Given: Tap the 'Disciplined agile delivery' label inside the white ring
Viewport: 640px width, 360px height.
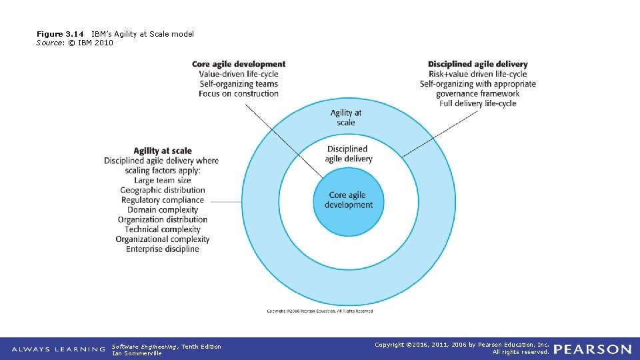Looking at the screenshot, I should [348, 154].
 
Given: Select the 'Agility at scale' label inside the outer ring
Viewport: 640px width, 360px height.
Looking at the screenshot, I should [346, 117].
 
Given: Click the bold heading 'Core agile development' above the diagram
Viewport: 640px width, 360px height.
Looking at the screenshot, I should [239, 65].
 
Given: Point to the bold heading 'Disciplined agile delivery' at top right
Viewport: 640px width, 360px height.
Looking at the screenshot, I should [477, 65].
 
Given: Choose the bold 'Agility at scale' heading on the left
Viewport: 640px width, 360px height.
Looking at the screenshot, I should [162, 151].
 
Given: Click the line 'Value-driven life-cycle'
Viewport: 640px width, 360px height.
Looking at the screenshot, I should [239, 74].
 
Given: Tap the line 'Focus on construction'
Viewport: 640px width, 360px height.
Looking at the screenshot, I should [239, 93].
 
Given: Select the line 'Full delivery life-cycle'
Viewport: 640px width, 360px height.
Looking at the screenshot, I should [477, 103].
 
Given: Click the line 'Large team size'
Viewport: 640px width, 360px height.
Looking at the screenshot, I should [162, 180].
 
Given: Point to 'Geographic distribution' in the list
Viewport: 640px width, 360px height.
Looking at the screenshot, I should [162, 190].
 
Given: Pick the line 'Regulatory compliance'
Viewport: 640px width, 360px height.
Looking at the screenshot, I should [162, 200].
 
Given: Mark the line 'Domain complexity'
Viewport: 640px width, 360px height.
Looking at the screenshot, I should [162, 210].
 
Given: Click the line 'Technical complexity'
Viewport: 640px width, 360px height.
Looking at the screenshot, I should [162, 229].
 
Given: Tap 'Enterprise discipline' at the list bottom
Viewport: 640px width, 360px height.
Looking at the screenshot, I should [162, 249].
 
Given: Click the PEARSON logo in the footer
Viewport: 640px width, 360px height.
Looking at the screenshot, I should [592, 349].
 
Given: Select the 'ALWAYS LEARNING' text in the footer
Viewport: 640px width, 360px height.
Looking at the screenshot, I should [59, 349].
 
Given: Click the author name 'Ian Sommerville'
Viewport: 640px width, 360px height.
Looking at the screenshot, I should [137, 353].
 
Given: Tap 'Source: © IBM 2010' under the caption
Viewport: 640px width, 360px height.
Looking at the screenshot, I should [75, 43].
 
